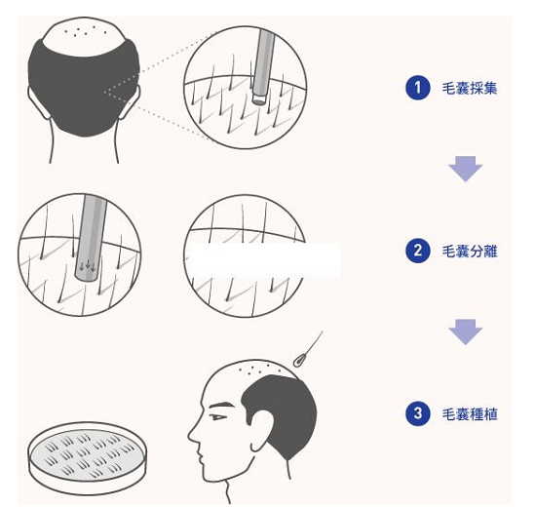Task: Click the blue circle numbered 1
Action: (418, 88)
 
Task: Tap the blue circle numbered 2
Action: (418, 251)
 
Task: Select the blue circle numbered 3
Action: (418, 413)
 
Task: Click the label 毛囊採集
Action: (470, 89)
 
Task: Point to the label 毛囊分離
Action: (470, 252)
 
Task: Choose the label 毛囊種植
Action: (470, 414)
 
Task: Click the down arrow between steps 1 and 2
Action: (465, 169)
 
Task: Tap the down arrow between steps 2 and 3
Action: (465, 331)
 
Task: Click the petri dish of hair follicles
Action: (87, 457)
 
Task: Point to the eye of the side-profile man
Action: (217, 417)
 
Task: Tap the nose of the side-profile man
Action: (193, 435)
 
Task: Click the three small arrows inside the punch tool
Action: (88, 265)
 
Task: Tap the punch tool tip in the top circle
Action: (259, 98)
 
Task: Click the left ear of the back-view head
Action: (38, 102)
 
